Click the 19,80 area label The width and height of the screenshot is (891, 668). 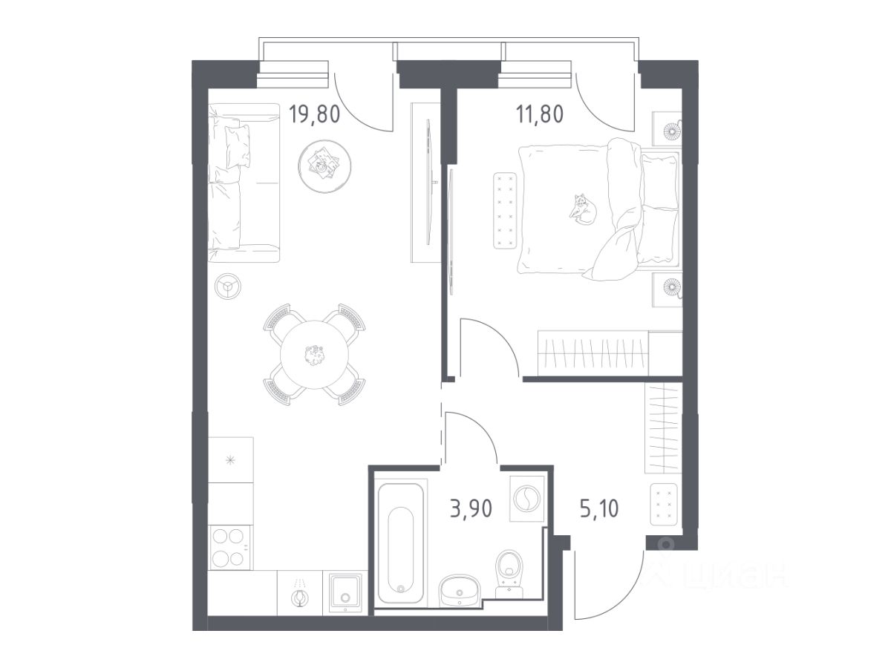coord(314,114)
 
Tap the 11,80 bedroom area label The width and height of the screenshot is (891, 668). coord(540,114)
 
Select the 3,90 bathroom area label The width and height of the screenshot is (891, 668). coord(471,508)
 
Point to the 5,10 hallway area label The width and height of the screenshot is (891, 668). coord(599,508)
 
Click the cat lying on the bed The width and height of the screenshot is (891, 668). coord(583,209)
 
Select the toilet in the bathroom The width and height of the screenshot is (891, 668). coord(509,574)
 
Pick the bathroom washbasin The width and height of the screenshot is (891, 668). coord(459,590)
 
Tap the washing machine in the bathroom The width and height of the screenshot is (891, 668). coord(526,498)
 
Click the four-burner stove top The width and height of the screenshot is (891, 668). coord(229,547)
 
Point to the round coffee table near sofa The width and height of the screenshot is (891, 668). coord(324,166)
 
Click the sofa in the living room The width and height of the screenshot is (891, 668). coord(244,183)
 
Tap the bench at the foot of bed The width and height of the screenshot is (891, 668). coord(505,211)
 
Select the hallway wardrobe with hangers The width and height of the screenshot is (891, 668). coord(663,428)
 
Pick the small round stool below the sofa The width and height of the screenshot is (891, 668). coord(228,286)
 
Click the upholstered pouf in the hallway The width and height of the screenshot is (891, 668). coord(664,504)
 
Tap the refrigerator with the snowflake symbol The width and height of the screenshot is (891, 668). coord(231,459)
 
